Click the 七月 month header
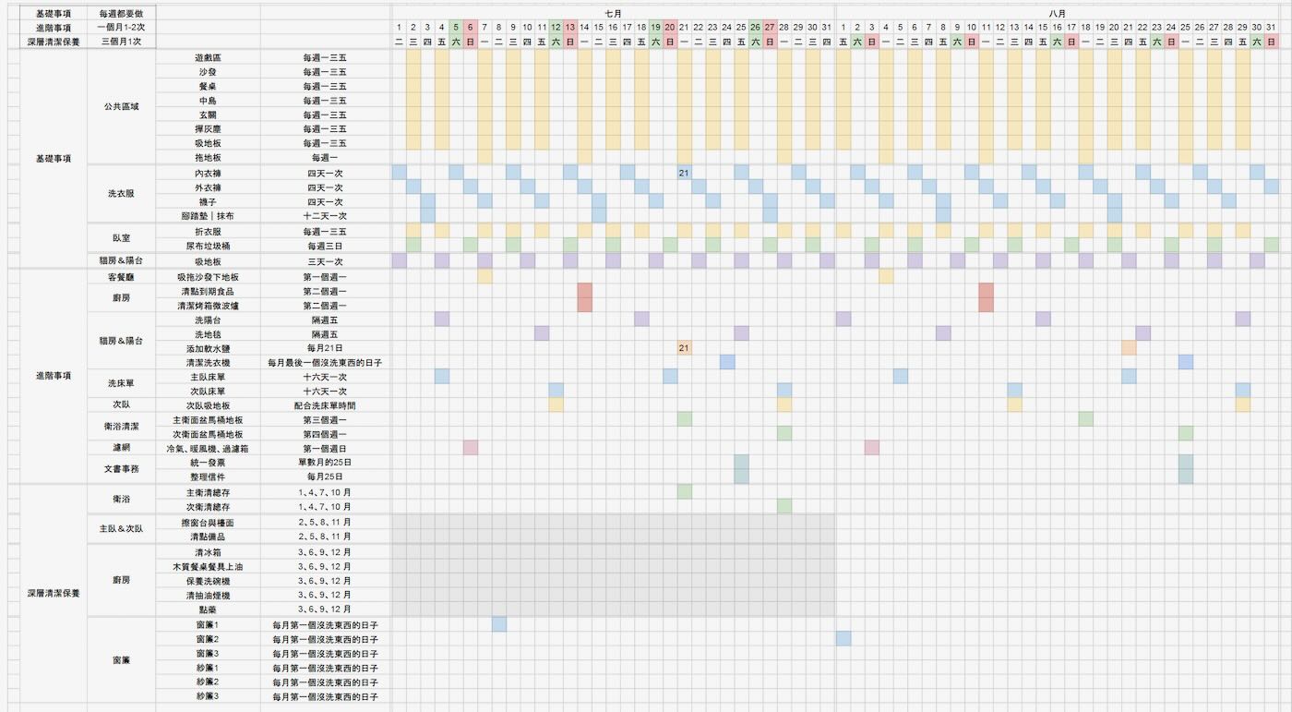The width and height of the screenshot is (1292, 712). [613, 14]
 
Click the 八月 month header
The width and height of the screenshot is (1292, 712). [1058, 14]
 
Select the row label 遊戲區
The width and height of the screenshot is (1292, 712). [208, 57]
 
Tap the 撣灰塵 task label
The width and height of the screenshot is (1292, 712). [208, 129]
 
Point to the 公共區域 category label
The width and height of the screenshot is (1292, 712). [122, 106]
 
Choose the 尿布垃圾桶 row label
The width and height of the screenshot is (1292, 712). [208, 247]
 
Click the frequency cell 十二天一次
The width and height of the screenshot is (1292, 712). [325, 215]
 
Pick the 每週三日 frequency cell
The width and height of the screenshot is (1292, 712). [325, 247]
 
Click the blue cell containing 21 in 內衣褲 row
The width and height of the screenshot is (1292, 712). [684, 173]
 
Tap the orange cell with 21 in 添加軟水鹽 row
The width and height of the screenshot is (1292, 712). [684, 348]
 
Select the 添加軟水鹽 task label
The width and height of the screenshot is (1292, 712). [208, 348]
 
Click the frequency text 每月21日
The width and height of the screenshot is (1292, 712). [325, 348]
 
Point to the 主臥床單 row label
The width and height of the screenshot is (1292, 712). [208, 377]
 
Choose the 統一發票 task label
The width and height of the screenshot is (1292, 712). [208, 462]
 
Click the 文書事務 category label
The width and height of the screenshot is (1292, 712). [122, 469]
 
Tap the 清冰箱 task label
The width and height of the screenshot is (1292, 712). [208, 552]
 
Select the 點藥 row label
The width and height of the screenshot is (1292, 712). [208, 609]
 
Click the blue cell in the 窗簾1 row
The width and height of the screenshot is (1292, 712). [499, 624]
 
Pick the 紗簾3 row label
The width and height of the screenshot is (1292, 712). [208, 696]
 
